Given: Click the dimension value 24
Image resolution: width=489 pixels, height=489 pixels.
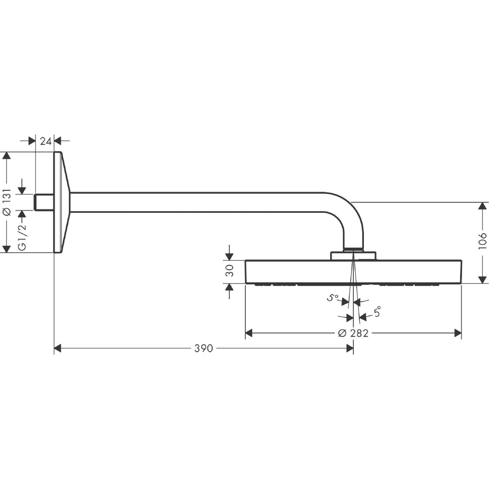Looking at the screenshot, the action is click(46, 141).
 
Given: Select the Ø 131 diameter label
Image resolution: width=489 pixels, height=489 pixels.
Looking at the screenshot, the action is click(7, 202).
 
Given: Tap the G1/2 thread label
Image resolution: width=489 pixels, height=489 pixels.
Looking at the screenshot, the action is click(22, 238).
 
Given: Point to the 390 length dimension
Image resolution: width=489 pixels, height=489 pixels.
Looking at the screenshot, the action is click(203, 348).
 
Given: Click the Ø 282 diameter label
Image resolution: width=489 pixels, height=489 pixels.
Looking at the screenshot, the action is click(353, 333).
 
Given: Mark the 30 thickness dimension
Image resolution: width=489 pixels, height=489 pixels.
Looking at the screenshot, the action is click(229, 271).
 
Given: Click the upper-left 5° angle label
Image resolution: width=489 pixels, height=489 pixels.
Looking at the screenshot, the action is click(333, 297).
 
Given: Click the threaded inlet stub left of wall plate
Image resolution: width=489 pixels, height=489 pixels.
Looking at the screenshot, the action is click(44, 202).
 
